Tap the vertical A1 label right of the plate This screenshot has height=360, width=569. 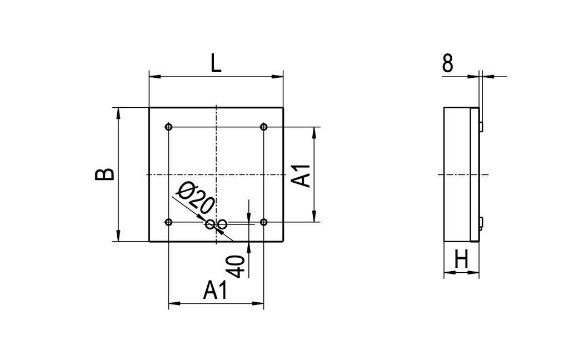302,175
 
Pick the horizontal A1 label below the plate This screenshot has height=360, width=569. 216,291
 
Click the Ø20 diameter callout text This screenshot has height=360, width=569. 194,198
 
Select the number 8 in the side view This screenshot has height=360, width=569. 448,63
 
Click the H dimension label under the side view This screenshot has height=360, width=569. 461,259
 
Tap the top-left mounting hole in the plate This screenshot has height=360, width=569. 169,127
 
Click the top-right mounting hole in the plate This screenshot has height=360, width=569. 264,127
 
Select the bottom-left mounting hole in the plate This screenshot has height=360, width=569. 169,223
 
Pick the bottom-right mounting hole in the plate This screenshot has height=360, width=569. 264,223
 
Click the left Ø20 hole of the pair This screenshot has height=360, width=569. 210,224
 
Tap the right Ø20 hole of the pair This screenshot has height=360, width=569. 222,224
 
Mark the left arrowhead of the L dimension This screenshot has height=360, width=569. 153,77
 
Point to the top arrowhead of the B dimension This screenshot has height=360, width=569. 118,112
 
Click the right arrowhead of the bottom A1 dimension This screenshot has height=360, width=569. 259,303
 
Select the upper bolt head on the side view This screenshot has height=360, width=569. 481,126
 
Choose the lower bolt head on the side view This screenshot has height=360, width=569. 481,223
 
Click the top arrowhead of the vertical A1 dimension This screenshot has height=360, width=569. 315,131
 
